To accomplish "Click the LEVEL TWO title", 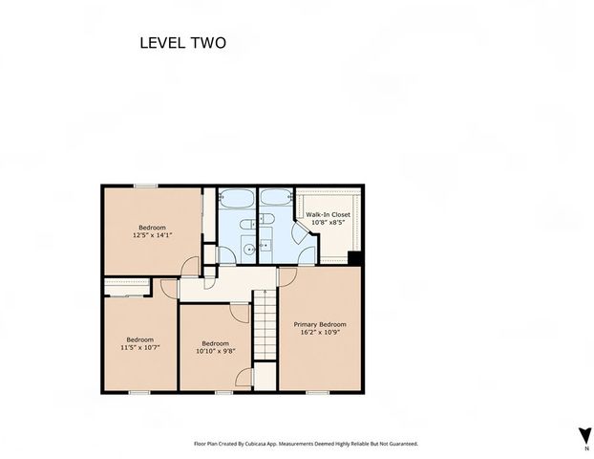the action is click(183, 43).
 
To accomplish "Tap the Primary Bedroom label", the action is click(320, 324).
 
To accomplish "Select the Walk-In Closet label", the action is click(329, 214).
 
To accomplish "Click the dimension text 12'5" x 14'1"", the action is click(152, 235).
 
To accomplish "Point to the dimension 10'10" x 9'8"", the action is click(216, 351).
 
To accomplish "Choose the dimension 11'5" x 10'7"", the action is click(140, 347).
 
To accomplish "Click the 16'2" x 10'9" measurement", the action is click(320, 333).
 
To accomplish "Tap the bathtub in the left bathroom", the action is click(237, 198).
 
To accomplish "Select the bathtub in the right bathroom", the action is click(276, 197).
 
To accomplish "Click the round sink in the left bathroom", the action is click(249, 250).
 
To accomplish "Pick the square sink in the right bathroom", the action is click(265, 246).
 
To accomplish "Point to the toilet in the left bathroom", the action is click(247, 224).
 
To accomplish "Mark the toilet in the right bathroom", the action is click(266, 218).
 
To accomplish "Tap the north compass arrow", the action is click(584, 435).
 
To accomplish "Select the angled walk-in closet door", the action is click(301, 232).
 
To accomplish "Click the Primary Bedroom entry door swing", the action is click(287, 276).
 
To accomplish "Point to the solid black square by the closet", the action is click(355, 258).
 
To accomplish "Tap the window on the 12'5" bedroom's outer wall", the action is click(146, 186).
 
